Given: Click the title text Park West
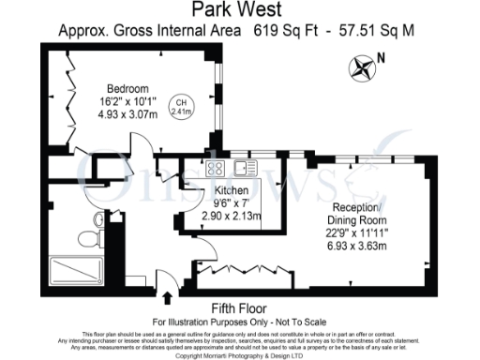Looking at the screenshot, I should [x=239, y=10].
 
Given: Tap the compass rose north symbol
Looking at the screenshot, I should [x=362, y=67].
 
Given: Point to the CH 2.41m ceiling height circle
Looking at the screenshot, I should [x=179, y=106].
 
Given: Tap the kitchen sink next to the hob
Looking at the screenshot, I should [x=246, y=169].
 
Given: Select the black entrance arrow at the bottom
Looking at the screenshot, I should [x=167, y=297].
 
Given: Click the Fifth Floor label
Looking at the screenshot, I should [x=239, y=307].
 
